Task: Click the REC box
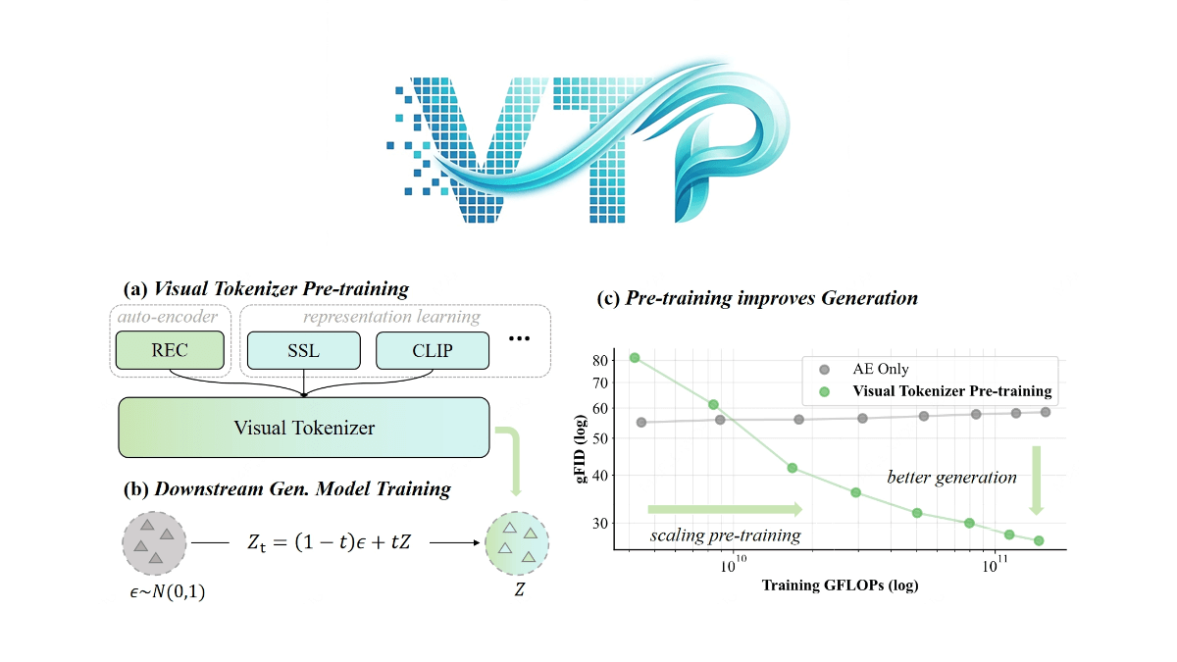[x=171, y=349]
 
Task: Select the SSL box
[x=303, y=350]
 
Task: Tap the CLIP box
[x=432, y=350]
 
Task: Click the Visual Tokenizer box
[x=304, y=427]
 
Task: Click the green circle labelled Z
[x=517, y=542]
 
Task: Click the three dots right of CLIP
[x=520, y=340]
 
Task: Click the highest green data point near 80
[x=635, y=358]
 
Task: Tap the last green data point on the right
[x=1039, y=540]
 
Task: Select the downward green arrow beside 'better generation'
[x=1035, y=480]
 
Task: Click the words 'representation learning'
[x=391, y=317]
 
